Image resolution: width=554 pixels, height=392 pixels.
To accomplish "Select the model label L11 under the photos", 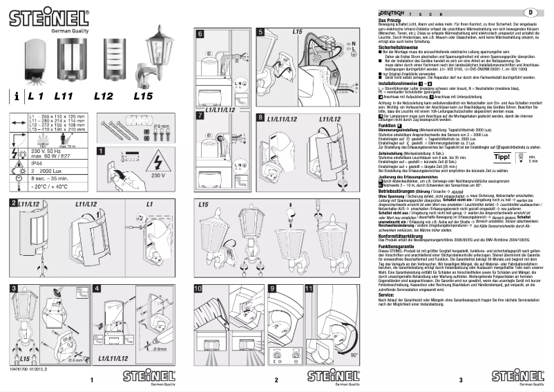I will pos(64,96).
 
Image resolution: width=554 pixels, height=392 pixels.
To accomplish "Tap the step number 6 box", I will pos(201,33).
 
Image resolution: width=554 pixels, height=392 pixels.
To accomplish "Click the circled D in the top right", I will pos(531,12).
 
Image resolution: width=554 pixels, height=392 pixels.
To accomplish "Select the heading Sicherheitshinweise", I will pos(401,46).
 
